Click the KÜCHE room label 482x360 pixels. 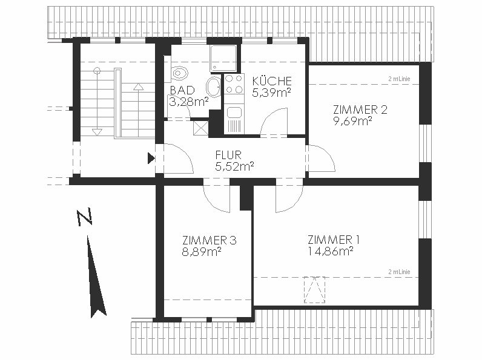click(272, 81)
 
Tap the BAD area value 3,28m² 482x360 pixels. click(189, 102)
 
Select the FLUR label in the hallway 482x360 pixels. click(228, 155)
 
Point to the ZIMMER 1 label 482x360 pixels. click(334, 240)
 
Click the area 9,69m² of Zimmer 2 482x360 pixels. click(352, 121)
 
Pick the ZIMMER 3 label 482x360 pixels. click(210, 240)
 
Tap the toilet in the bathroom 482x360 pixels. click(178, 73)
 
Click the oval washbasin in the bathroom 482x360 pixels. click(213, 87)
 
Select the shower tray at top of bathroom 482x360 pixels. click(223, 58)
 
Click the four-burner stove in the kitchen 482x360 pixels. click(234, 84)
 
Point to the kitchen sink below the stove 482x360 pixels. click(234, 113)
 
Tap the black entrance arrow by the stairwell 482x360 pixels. click(151, 158)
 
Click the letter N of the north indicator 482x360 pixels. click(84, 217)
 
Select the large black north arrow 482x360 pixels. click(96, 277)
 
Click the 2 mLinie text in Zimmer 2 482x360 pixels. click(399, 79)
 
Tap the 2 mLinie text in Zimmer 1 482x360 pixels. click(399, 272)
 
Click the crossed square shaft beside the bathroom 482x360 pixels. click(200, 128)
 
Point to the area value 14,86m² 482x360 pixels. click(331, 251)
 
